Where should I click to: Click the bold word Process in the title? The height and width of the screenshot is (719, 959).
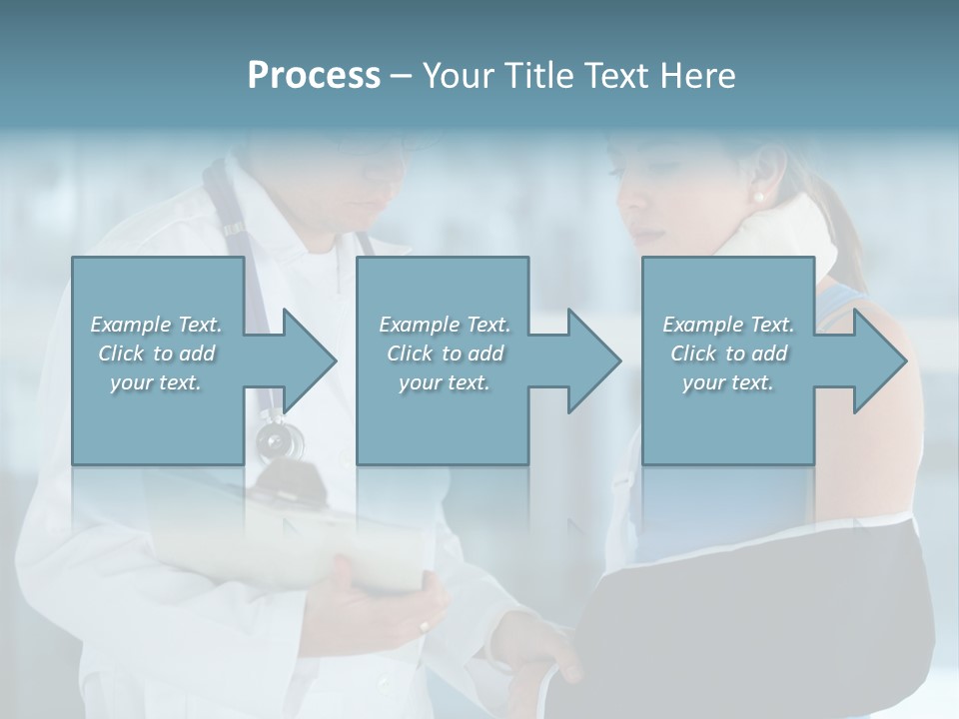click(314, 76)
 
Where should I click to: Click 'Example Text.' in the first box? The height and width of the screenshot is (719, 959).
click(157, 325)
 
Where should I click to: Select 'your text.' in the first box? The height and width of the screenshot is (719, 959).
click(157, 382)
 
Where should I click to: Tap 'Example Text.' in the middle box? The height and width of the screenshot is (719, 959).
click(445, 325)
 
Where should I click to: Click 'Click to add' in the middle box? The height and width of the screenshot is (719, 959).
click(445, 354)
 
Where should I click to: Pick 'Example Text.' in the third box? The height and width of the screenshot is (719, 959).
click(728, 325)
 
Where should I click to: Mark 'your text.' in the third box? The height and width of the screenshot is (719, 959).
click(728, 382)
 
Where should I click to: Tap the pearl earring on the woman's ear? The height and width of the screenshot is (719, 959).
click(757, 198)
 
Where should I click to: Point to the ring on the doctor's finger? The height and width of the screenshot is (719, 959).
click(425, 626)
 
